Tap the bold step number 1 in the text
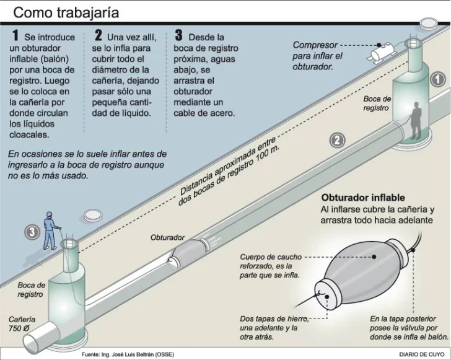click(x=14, y=37)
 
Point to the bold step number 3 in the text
click(x=179, y=37)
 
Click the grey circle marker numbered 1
click(x=437, y=79)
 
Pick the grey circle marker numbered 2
click(x=337, y=140)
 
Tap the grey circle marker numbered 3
click(x=32, y=232)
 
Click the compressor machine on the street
click(x=381, y=54)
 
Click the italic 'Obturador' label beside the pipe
click(x=167, y=237)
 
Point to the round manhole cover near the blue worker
click(x=92, y=214)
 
